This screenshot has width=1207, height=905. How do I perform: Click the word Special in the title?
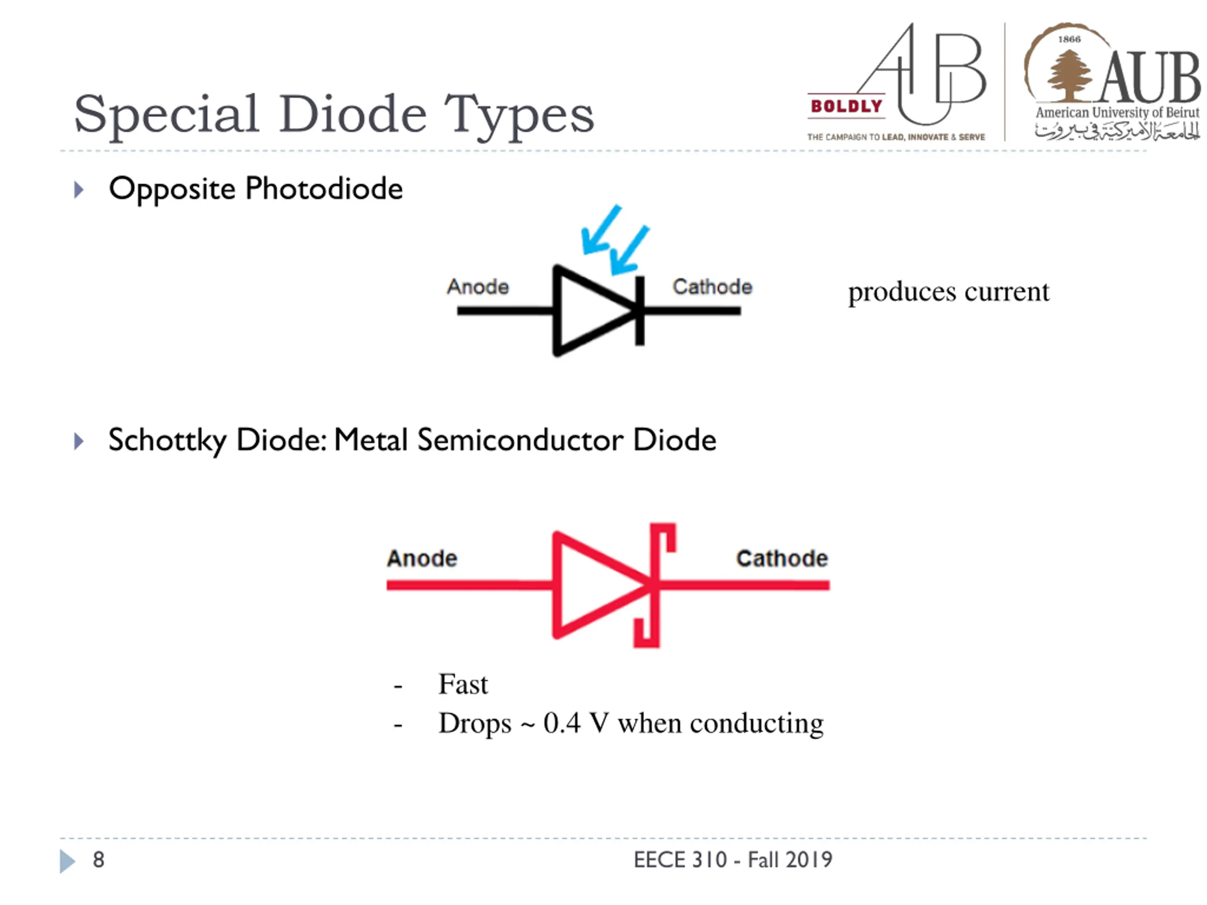click(166, 115)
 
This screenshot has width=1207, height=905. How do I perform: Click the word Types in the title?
click(518, 115)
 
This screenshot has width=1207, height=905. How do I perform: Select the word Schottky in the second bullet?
click(167, 440)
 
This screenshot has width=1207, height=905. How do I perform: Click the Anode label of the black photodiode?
click(478, 287)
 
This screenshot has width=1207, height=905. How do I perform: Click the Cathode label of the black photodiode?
click(712, 287)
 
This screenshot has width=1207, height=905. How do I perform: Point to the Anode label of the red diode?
click(422, 558)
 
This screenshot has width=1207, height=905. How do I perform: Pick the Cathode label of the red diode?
click(782, 558)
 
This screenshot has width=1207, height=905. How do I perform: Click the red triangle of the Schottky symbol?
click(589, 585)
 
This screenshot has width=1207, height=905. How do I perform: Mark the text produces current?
click(948, 292)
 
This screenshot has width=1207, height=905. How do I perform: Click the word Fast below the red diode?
click(463, 684)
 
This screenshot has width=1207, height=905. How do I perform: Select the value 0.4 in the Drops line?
click(562, 724)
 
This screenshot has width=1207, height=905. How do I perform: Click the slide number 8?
click(98, 860)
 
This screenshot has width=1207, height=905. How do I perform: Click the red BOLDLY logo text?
click(846, 106)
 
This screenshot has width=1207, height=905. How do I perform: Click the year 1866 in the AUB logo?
click(1069, 39)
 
